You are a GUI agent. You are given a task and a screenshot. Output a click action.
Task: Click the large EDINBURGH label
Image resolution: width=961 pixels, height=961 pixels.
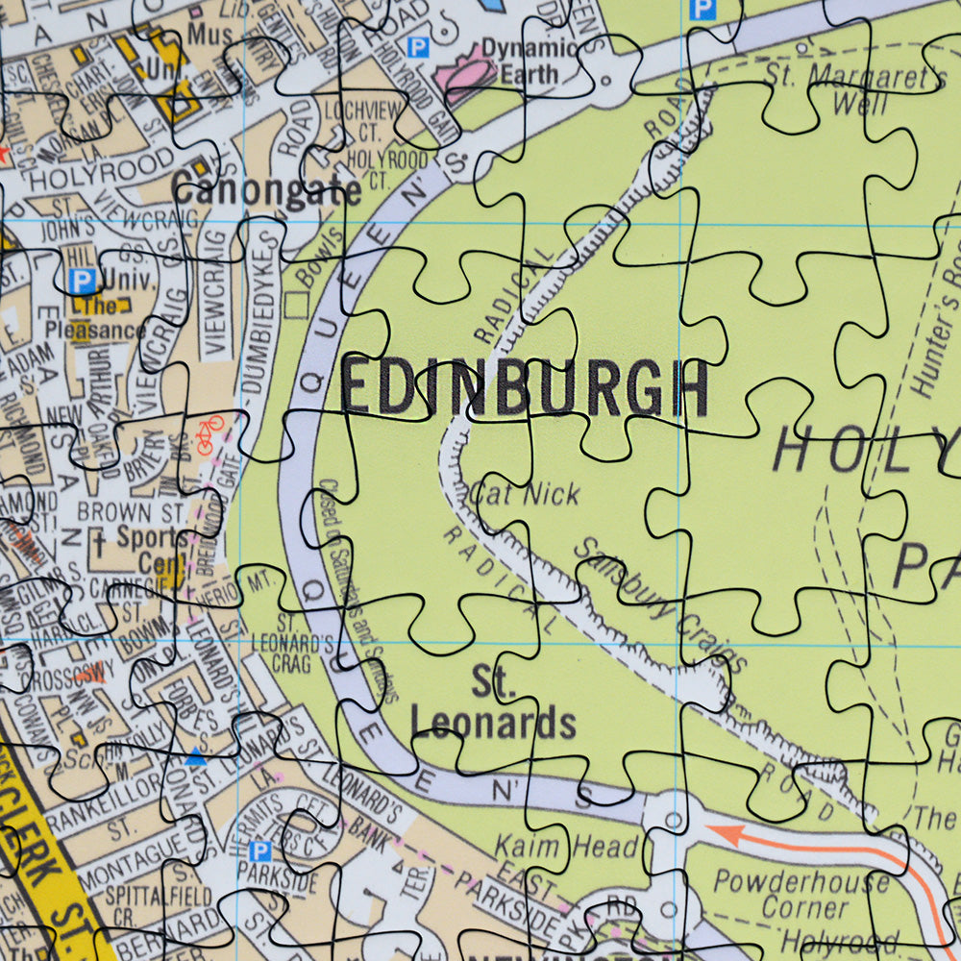[525, 388]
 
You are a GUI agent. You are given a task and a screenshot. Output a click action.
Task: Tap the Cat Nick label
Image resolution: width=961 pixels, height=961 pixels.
[525, 495]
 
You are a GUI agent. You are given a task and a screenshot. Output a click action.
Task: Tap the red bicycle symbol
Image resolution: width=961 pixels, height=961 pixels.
[208, 434]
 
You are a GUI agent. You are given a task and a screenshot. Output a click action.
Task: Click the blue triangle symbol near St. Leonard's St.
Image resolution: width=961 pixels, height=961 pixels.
[195, 757]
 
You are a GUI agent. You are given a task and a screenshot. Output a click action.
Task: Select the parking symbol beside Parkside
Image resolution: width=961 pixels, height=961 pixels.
[259, 850]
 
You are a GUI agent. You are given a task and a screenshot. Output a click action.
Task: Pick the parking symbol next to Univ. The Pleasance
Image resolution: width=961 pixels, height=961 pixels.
[84, 282]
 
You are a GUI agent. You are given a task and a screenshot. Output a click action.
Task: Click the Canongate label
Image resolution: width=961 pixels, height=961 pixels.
[266, 189]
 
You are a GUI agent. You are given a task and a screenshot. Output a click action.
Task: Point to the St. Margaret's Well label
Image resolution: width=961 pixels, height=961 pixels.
[853, 88]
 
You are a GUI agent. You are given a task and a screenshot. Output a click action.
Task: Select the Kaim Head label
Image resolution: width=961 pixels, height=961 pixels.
[565, 847]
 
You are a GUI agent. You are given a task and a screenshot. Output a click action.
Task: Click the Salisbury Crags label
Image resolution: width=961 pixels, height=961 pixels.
[659, 604]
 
